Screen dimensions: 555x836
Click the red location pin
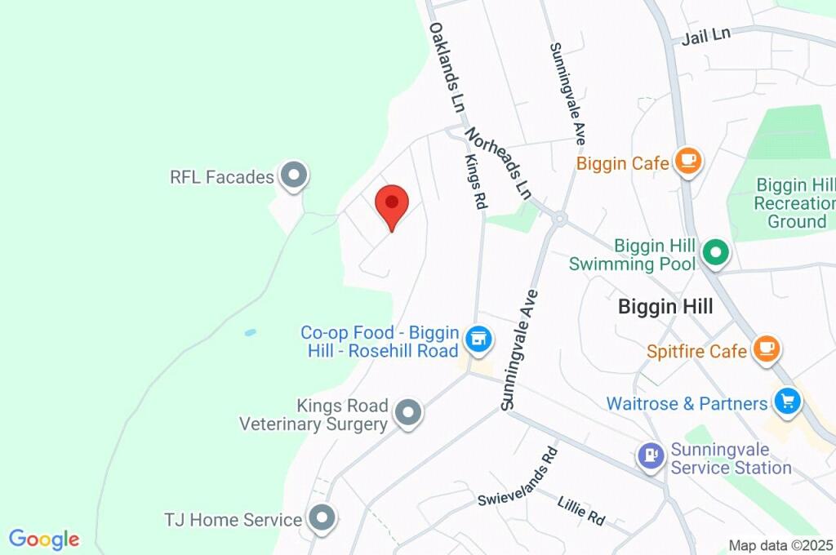pyautogui.click(x=392, y=204)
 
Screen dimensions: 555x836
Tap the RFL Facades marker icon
pyautogui.click(x=293, y=175)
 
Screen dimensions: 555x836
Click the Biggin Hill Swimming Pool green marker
pyautogui.click(x=716, y=253)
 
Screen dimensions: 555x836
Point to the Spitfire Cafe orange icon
pyautogui.click(x=766, y=349)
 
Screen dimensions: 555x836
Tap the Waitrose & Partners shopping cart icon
pyautogui.click(x=787, y=402)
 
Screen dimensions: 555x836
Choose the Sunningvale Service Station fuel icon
pyautogui.click(x=651, y=455)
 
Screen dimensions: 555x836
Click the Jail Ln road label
pyautogui.click(x=706, y=36)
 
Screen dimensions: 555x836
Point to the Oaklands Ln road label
pyautogui.click(x=447, y=68)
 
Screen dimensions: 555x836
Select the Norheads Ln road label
pyautogui.click(x=499, y=162)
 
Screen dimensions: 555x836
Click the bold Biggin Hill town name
pyautogui.click(x=665, y=307)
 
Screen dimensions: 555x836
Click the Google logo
pyautogui.click(x=44, y=539)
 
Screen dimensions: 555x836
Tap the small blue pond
pyautogui.click(x=250, y=333)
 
